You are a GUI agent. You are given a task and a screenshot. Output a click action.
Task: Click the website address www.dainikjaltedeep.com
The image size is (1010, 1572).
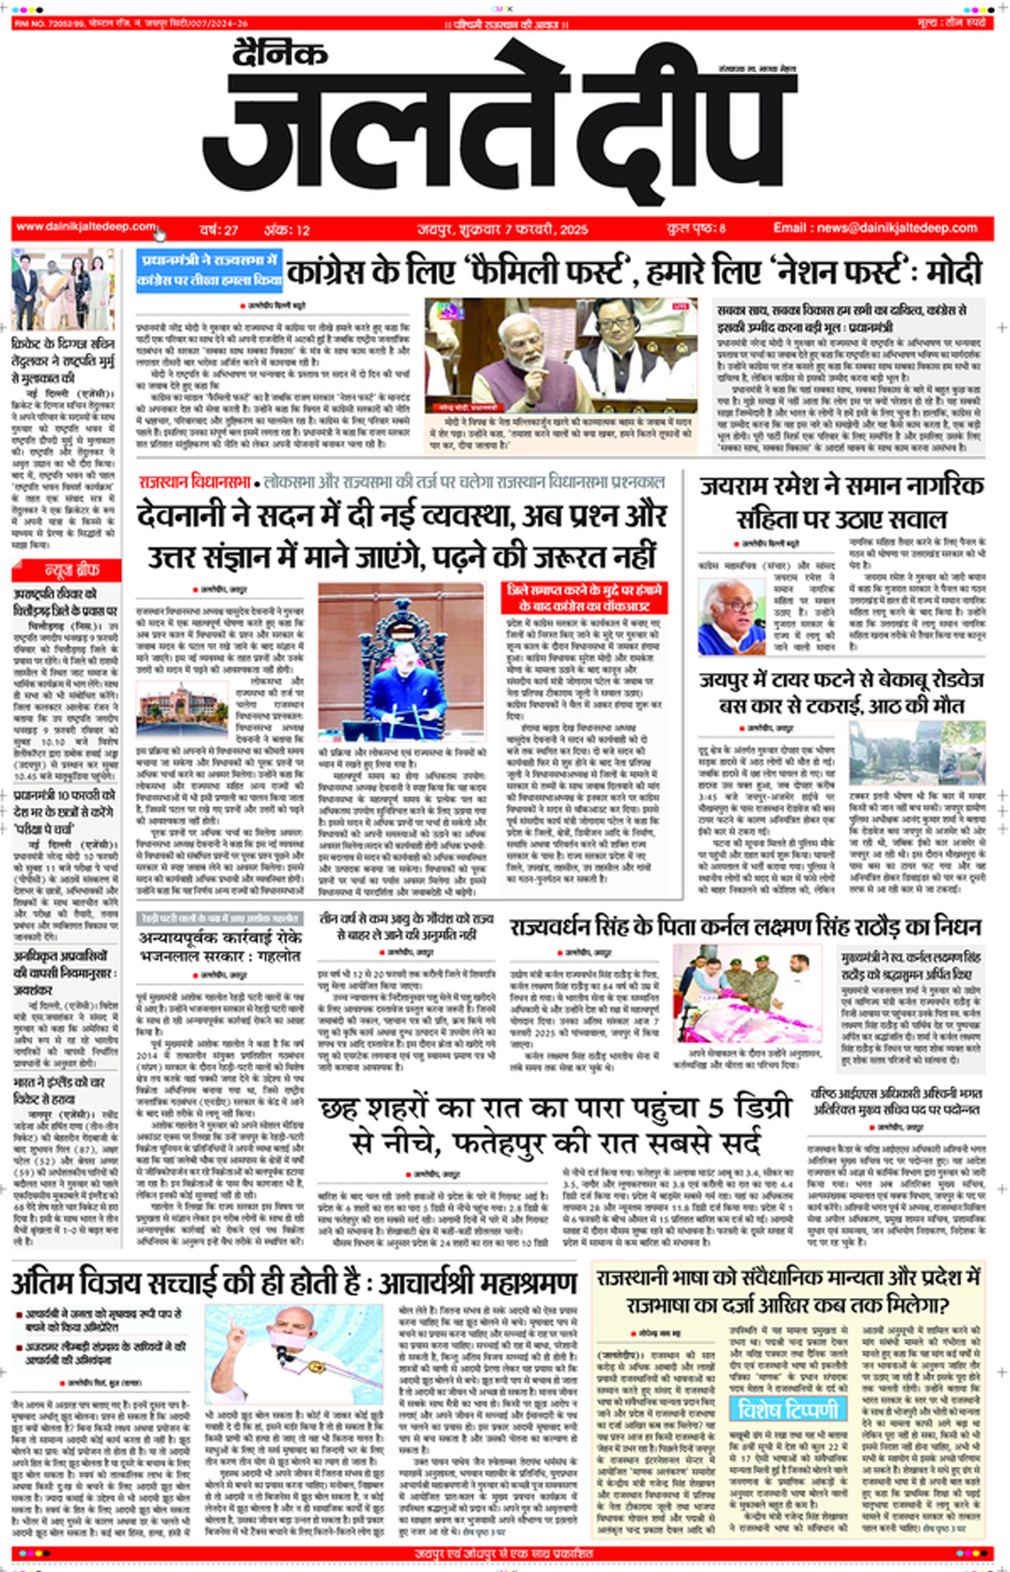86,227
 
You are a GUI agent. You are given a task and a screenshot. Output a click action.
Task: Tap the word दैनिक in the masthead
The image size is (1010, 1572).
279,53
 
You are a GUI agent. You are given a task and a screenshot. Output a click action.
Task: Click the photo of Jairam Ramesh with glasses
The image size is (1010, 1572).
731,617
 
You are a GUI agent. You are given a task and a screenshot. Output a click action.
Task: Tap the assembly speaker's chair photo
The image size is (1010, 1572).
401,661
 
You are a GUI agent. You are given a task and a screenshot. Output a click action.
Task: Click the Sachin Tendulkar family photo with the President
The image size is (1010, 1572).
63,289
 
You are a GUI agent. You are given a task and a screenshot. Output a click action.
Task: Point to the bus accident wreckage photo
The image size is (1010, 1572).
916,752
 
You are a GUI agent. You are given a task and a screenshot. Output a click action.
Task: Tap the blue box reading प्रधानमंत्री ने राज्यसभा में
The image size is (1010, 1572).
209,270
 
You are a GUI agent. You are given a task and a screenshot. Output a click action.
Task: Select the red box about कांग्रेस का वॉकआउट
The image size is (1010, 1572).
584,598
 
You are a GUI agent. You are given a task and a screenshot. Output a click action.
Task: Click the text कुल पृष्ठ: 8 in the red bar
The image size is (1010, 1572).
695,229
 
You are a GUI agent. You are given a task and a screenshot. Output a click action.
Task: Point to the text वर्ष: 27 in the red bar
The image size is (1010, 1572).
218,230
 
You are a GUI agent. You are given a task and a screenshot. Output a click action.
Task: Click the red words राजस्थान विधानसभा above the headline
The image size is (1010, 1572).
194,483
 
